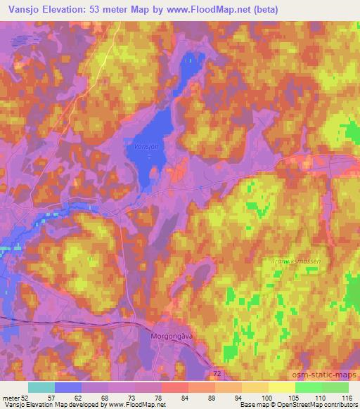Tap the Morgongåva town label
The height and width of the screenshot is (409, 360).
pos(172,336)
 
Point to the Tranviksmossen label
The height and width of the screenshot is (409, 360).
pos(296,261)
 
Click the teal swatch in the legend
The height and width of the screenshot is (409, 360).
pos(41,387)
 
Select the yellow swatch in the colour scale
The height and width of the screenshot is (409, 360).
pos(282,387)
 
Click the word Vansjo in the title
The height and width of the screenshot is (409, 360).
pos(22,10)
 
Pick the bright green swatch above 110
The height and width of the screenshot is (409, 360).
pos(309,387)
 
